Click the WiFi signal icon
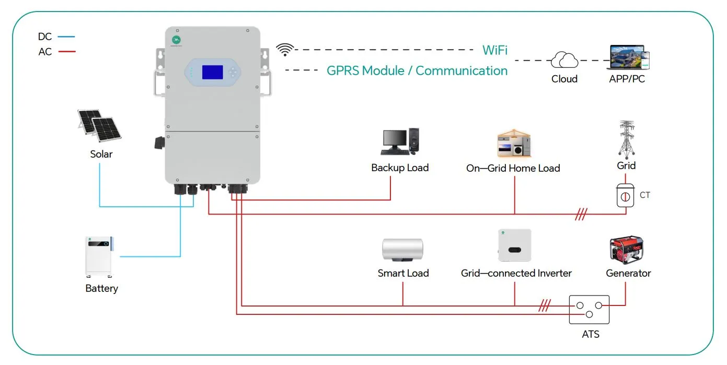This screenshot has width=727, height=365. [x=285, y=50]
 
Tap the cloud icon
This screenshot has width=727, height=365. [x=564, y=61]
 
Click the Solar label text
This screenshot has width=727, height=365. [x=101, y=154]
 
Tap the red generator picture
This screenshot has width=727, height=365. [x=626, y=250]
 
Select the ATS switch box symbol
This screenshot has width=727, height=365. [x=590, y=310]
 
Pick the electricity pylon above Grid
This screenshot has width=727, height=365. [x=626, y=139]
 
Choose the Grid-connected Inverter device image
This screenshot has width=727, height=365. [x=514, y=245]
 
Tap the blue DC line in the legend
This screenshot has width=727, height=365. [x=67, y=37]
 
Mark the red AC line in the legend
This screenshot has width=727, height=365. [x=67, y=52]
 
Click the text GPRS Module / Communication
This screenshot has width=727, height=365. [x=417, y=70]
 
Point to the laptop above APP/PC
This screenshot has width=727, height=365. [x=626, y=57]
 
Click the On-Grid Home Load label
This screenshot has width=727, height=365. [x=513, y=168]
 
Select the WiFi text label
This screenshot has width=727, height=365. [x=494, y=50]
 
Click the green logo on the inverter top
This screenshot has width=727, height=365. [x=177, y=40]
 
